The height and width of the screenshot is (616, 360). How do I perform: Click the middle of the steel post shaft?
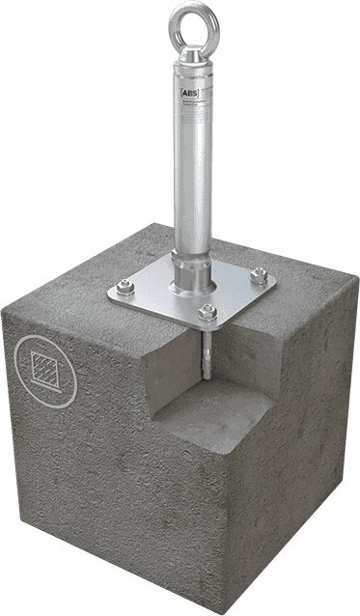[192, 164]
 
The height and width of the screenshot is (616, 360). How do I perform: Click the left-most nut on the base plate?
[125, 286]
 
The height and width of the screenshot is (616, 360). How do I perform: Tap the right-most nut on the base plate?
[258, 274]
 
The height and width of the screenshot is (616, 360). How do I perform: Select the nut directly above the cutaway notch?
[207, 311]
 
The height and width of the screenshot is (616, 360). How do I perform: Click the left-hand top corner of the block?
[5, 310]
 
